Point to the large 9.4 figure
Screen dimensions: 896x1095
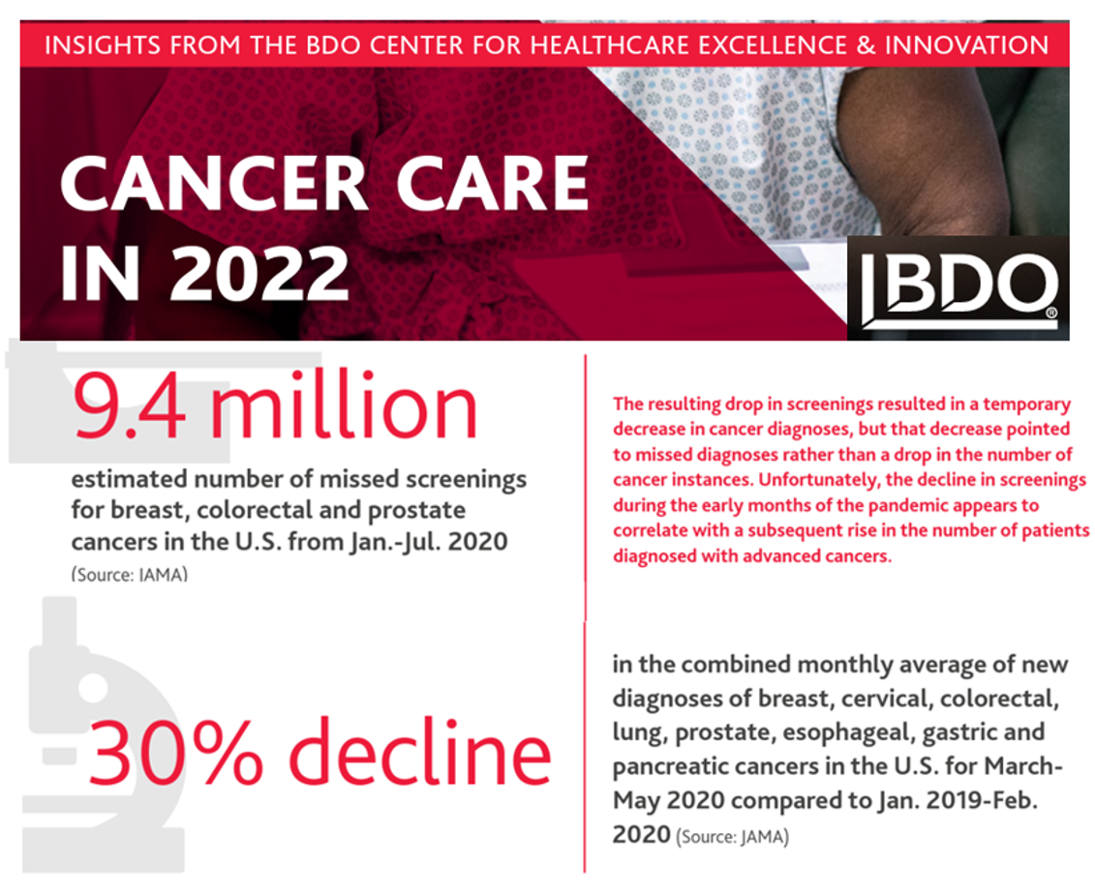click(x=132, y=409)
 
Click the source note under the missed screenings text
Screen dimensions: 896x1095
click(x=129, y=575)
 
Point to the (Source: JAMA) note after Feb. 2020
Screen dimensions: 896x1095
click(x=732, y=837)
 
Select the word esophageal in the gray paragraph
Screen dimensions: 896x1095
click(x=838, y=733)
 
